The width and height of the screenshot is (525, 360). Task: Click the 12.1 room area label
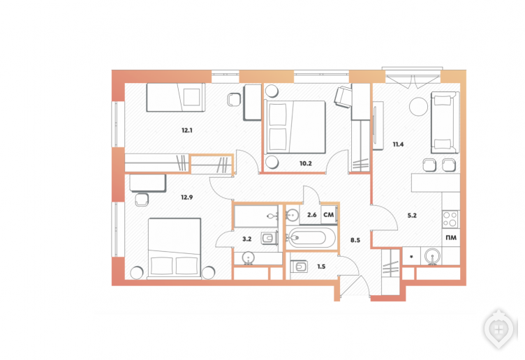pos(187,130)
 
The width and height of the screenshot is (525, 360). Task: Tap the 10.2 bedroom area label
pos(305,164)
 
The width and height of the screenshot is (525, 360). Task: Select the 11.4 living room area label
pos(398,144)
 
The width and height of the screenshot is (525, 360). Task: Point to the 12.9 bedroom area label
pos(187,197)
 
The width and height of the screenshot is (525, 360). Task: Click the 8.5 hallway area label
pos(355,240)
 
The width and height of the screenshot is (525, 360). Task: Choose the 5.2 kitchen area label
pos(412,216)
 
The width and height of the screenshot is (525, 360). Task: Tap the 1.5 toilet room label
pos(321,267)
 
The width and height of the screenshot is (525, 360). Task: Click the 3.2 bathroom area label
pos(246,239)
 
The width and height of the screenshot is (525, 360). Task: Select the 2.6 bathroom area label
pos(311,215)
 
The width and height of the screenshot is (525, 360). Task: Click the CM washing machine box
pos(330,215)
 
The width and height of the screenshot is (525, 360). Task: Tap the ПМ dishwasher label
pos(451,238)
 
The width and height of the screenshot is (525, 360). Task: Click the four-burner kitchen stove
pos(451,219)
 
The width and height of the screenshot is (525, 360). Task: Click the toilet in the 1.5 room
pos(299,267)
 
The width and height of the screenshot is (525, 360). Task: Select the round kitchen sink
pos(433,256)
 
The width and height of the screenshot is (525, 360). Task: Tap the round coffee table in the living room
pos(418,106)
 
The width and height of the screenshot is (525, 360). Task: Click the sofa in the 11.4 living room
pos(445,122)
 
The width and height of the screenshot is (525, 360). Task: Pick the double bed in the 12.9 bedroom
pos(175,248)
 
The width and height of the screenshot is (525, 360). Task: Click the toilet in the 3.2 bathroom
pos(269,238)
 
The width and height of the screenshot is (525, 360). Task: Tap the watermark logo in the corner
pos(498,329)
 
